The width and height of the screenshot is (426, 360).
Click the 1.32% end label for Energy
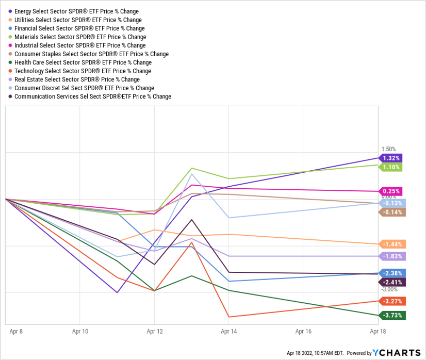391,158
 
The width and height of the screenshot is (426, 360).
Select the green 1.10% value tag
391,167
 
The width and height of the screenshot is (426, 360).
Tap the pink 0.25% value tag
391,191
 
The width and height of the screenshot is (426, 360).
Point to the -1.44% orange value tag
391,244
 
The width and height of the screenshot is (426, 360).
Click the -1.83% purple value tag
391,256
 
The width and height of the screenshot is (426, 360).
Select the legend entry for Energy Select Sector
76,11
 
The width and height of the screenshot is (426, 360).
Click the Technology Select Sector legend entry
83,71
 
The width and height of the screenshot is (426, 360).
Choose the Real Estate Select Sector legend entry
77,79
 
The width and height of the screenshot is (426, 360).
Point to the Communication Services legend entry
92,96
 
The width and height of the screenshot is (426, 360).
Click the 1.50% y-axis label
388,149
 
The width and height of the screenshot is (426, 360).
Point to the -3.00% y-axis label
388,289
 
